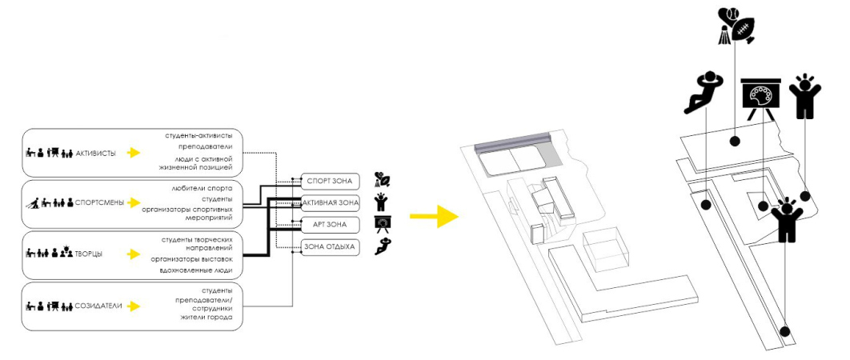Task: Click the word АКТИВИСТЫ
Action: [x=95, y=153]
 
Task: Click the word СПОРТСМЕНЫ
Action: [x=99, y=202]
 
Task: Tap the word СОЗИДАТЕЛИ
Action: [x=99, y=306]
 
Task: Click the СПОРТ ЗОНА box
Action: [x=331, y=181]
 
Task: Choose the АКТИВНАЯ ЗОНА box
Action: [x=331, y=202]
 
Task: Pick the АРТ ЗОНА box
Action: [x=331, y=224]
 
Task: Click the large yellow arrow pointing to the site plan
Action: [x=434, y=216]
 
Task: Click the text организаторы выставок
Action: [x=191, y=259]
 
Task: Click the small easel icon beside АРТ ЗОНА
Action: [x=383, y=224]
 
